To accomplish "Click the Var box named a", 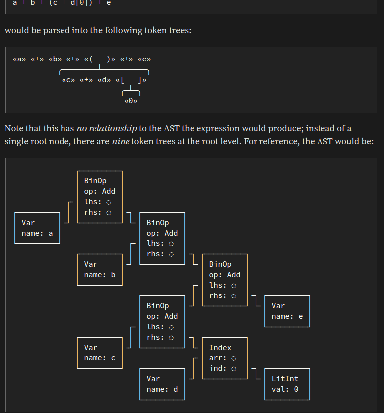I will click(37, 228).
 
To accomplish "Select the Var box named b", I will click(99, 270).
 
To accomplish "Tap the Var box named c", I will click(99, 353).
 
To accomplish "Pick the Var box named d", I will click(162, 384).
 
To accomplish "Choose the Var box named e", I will click(287, 311).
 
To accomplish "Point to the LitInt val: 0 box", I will click(287, 384).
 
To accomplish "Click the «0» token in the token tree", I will click(130, 101).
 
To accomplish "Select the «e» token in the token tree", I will click(144, 59).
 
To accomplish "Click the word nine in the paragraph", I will click(121, 141).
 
